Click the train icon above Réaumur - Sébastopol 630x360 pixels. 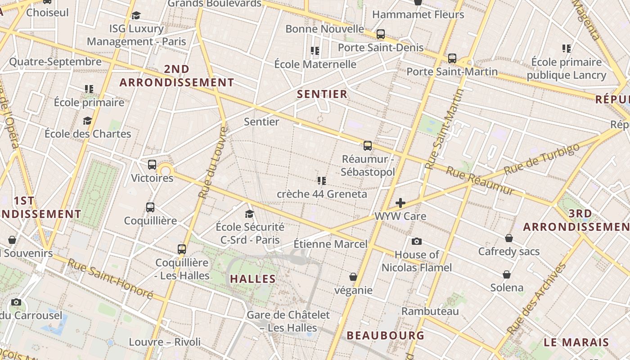[x=368, y=145]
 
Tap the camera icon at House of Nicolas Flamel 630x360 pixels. [x=417, y=241]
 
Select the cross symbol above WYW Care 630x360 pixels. [x=400, y=203]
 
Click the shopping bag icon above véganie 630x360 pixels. [x=353, y=276]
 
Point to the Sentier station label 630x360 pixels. [x=261, y=121]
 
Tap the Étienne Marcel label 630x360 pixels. [x=330, y=244]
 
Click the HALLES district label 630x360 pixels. [x=253, y=279]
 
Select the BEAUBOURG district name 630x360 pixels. [x=386, y=335]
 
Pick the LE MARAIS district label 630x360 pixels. [x=576, y=342]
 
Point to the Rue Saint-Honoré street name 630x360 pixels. [x=110, y=279]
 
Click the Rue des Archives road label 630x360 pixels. [x=536, y=299]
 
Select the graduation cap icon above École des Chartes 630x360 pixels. [x=87, y=121]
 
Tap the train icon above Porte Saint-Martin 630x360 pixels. [x=452, y=58]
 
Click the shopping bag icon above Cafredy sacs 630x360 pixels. [x=508, y=238]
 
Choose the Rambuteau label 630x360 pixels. [x=430, y=311]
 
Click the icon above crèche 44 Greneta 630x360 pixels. [x=321, y=181]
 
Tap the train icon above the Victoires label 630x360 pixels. [x=152, y=165]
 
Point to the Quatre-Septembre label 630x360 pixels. [x=55, y=62]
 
